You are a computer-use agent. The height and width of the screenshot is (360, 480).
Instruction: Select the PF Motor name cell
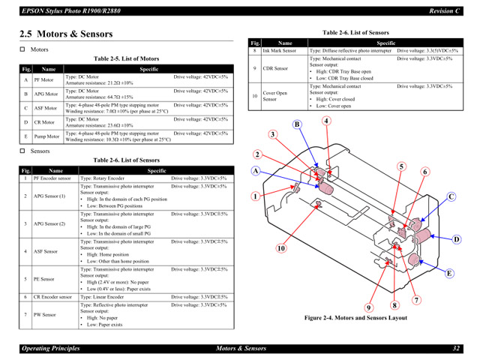point(44,79)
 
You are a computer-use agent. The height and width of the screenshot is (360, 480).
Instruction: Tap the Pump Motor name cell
point(46,136)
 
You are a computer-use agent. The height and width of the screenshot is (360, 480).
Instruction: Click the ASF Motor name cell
point(46,108)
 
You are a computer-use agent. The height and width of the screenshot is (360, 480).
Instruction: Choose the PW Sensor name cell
point(45,315)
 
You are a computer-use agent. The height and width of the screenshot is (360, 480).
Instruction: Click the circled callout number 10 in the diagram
point(281,248)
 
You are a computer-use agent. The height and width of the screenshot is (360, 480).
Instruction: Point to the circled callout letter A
point(255,171)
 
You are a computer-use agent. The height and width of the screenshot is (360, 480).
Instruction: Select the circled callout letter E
point(449,273)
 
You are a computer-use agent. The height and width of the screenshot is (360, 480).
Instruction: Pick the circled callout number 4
point(326,121)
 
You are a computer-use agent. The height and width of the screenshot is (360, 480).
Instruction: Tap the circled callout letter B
point(296,124)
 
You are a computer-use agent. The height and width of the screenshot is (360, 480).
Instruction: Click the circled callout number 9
point(369,307)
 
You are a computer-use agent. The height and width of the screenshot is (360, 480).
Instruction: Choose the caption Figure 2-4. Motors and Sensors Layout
point(355,318)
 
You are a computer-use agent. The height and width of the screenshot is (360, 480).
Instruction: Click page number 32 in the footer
point(455,349)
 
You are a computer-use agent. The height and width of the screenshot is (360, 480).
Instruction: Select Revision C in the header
point(445,10)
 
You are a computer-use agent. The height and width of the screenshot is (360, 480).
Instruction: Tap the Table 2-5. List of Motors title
point(126,58)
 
